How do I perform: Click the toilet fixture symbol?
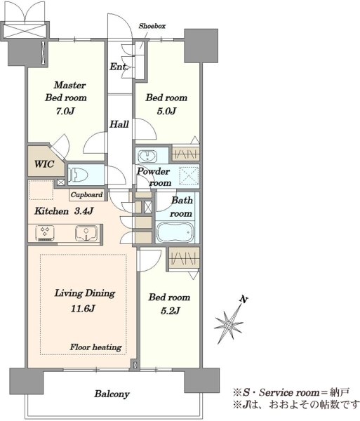click(x=79, y=175)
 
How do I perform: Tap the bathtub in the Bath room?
click(x=175, y=232)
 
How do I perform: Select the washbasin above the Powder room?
click(x=147, y=156)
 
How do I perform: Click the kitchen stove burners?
click(x=45, y=232)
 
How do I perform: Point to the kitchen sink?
click(x=86, y=232)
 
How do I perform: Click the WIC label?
click(x=44, y=164)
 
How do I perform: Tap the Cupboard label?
click(x=86, y=194)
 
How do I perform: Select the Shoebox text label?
click(x=152, y=26)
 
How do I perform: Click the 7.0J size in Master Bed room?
click(x=65, y=111)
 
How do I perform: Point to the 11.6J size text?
click(x=83, y=309)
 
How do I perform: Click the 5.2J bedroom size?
click(x=171, y=311)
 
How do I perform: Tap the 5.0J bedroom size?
click(x=166, y=111)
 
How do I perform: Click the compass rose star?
click(x=229, y=326)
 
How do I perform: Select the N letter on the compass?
click(x=244, y=299)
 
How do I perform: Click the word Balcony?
click(x=112, y=394)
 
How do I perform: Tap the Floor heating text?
click(x=96, y=347)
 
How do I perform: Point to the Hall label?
click(x=119, y=124)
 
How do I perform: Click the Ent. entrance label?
click(x=119, y=67)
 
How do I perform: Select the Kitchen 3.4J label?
click(x=64, y=211)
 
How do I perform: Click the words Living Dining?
click(x=85, y=293)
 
